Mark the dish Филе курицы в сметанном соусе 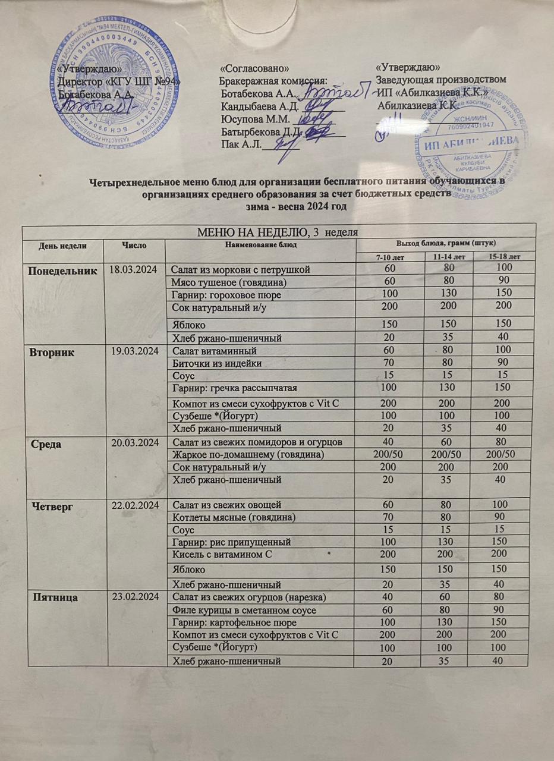[x=243, y=611]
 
